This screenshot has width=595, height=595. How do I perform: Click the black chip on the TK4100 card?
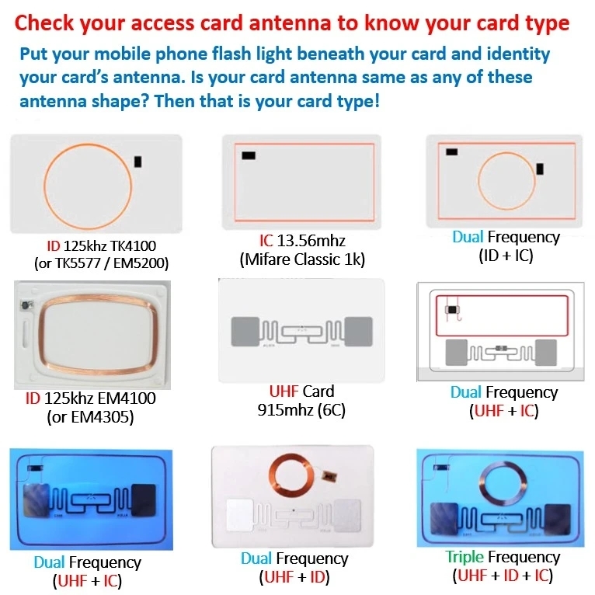click(138, 162)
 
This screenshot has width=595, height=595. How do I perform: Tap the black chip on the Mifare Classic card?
click(249, 155)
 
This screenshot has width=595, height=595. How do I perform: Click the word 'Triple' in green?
click(465, 557)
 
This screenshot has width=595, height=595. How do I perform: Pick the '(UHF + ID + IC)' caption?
click(504, 576)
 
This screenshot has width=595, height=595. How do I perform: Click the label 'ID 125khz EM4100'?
click(90, 399)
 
